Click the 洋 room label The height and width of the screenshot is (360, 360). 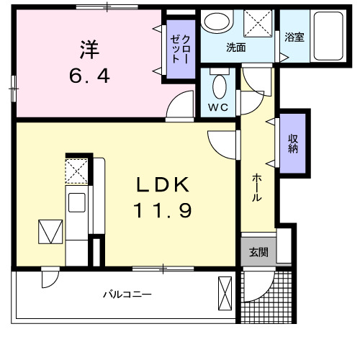[89, 50]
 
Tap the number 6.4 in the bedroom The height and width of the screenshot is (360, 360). [90, 75]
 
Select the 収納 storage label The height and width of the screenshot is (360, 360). [294, 144]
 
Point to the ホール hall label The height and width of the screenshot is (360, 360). [256, 189]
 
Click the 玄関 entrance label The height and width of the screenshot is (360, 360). [258, 253]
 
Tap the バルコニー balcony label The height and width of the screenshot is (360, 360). [127, 294]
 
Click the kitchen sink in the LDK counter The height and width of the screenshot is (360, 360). [76, 202]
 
